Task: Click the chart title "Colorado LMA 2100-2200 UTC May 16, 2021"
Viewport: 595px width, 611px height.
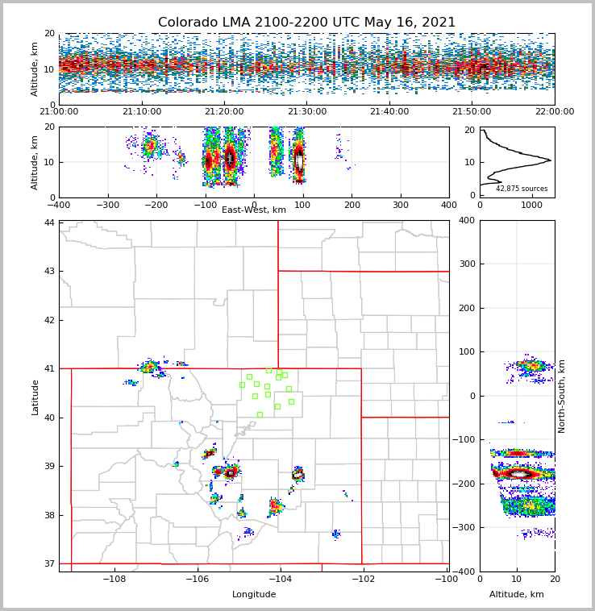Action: [306, 23]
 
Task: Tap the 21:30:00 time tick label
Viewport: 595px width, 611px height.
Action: [306, 112]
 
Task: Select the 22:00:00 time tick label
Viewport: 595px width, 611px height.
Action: [555, 112]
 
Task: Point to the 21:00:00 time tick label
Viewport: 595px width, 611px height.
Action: [59, 112]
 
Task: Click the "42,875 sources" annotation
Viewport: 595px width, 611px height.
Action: [522, 189]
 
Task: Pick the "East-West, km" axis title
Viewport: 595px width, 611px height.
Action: [254, 210]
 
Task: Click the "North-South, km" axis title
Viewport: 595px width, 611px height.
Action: [562, 396]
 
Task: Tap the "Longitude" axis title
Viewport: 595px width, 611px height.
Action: [254, 595]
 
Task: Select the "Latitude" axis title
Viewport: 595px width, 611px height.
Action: [35, 396]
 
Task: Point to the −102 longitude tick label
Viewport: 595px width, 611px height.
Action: [362, 579]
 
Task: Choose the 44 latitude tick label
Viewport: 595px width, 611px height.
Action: [49, 222]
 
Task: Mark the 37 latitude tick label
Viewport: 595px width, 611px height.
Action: [49, 563]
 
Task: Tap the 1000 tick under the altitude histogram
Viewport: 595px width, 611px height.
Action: [532, 206]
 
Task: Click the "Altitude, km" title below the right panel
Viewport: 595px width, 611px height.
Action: [517, 595]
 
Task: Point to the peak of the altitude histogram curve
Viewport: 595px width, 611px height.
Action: [551, 160]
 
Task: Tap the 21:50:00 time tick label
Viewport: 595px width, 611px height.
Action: [472, 112]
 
